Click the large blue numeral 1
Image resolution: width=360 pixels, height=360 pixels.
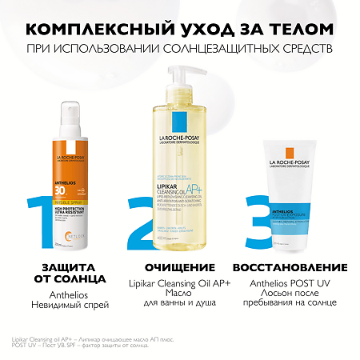[43, 216]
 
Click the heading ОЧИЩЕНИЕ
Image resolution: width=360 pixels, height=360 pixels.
[169, 267]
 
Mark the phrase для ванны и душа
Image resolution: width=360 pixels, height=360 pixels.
[169, 306]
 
